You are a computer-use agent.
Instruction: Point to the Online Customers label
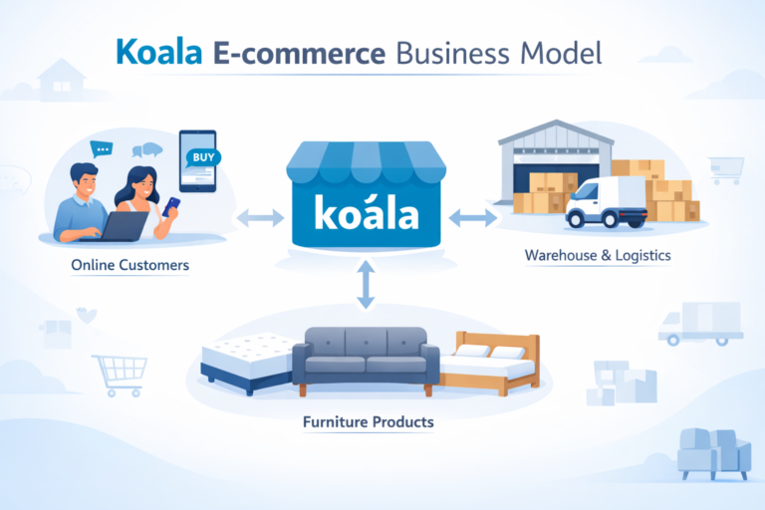[130, 267]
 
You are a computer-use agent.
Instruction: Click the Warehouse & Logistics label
[598, 256]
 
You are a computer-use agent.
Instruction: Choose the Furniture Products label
[369, 422]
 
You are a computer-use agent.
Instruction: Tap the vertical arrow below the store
[367, 286]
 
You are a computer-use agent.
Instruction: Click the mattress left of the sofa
[249, 359]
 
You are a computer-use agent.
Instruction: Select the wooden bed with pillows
[493, 361]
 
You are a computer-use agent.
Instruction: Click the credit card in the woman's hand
[172, 202]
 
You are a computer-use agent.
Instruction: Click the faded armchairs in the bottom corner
[713, 453]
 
